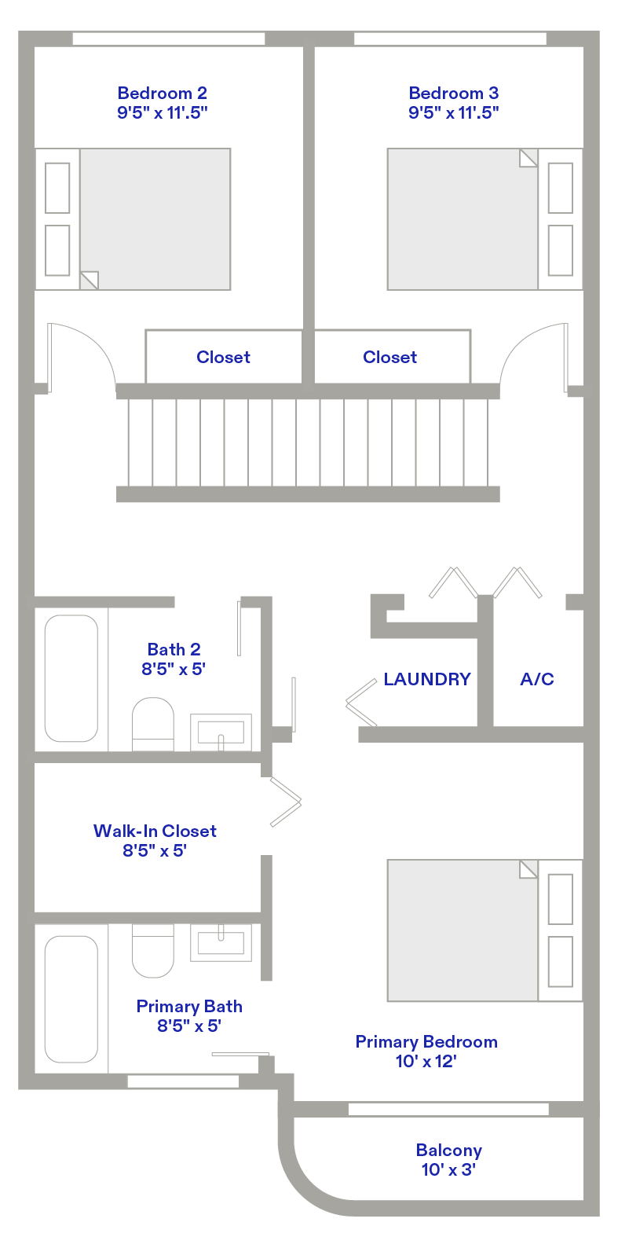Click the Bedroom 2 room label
click(x=162, y=93)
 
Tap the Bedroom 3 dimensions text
click(x=454, y=112)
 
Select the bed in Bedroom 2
click(x=133, y=219)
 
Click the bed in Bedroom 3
click(x=485, y=219)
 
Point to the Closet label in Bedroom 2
click(x=223, y=357)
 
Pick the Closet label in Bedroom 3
click(x=389, y=357)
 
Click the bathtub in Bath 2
click(x=71, y=678)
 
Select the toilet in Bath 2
click(x=153, y=724)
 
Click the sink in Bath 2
click(x=221, y=732)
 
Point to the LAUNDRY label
click(x=427, y=679)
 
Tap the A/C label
click(x=537, y=679)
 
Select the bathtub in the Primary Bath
click(x=71, y=999)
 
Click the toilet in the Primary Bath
click(x=153, y=951)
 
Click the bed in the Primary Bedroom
click(x=485, y=930)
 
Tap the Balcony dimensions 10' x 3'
click(x=448, y=1169)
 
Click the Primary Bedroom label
click(x=426, y=1041)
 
